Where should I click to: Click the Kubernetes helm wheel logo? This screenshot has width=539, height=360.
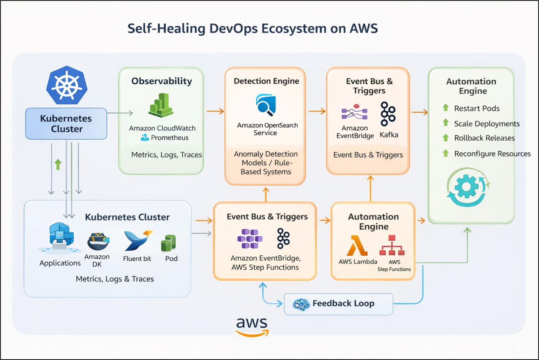point(67,85)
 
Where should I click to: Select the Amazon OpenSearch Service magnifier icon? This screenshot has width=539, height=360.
point(266,105)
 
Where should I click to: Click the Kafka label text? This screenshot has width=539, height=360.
point(389,135)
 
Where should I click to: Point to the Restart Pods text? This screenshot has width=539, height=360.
point(477,108)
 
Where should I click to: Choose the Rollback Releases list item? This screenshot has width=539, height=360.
point(484,138)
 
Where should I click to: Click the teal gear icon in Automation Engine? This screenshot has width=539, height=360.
point(468,187)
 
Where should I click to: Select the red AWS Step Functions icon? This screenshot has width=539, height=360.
point(392,245)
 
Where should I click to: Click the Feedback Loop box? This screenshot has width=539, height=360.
point(338,304)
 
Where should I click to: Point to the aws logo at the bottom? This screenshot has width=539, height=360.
point(252,326)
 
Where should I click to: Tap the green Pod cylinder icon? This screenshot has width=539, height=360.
point(168,243)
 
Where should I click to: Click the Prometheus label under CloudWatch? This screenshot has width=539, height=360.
point(170,138)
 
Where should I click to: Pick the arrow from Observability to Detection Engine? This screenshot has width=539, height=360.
point(215,111)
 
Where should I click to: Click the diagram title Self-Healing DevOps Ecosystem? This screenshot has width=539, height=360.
point(253,29)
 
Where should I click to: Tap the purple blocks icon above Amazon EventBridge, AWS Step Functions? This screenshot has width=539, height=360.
point(250,238)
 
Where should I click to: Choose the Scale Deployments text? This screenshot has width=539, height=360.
point(486,124)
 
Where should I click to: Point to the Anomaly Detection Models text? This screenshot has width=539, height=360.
point(266,163)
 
